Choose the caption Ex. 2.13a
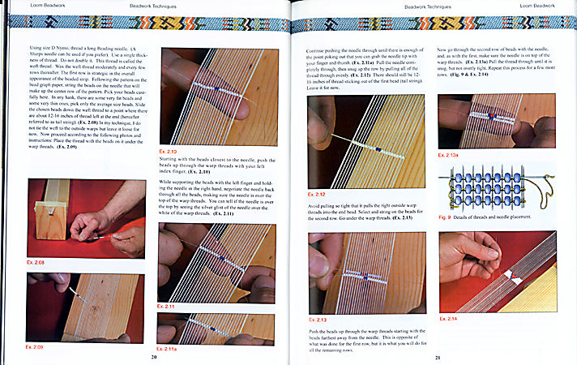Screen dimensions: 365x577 [453, 153]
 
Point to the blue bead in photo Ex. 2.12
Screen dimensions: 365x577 [380, 149]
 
